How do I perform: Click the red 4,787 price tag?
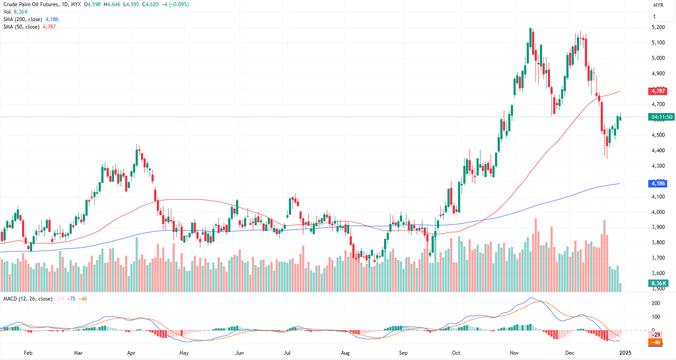[x=658, y=91]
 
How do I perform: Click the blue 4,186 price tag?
[x=658, y=184]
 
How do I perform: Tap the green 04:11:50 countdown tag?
[x=662, y=117]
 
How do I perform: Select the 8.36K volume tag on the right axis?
[x=659, y=283]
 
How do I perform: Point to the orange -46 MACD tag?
[x=656, y=342]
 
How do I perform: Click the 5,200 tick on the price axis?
[x=658, y=27]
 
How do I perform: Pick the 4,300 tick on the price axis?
[x=658, y=166]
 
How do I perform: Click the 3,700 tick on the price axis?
[x=658, y=258]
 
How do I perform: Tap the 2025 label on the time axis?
[x=625, y=353]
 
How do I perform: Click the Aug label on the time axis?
[x=345, y=353]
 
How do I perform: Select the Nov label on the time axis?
[x=514, y=353]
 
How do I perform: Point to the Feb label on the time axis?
[x=28, y=353]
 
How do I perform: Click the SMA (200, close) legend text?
[x=23, y=19]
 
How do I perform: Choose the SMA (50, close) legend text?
[x=21, y=27]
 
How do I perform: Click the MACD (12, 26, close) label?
[x=28, y=299]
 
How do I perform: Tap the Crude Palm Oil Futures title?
[x=30, y=4]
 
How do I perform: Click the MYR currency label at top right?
[x=658, y=5]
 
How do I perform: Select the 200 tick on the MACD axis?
[x=656, y=303]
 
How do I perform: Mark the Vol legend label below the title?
[x=7, y=12]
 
